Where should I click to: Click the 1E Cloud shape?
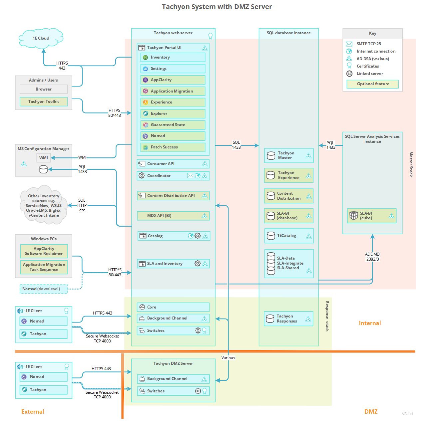(41, 38)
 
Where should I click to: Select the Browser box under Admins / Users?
(44, 89)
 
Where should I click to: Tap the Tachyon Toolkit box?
(44, 102)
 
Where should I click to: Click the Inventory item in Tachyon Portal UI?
(173, 57)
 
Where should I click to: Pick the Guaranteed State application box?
(173, 125)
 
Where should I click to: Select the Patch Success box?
(173, 147)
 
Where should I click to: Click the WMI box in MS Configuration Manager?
(44, 158)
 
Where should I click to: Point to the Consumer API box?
(173, 164)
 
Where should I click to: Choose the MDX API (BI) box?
(173, 216)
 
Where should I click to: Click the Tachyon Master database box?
(289, 155)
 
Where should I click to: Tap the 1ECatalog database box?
(289, 236)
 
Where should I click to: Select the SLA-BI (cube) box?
(372, 216)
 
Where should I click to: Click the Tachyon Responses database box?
(288, 319)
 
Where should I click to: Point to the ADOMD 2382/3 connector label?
(372, 257)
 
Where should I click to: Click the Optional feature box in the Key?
(373, 84)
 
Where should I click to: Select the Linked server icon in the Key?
(349, 74)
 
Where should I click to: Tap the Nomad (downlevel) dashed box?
(44, 289)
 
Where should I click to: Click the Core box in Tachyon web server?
(173, 307)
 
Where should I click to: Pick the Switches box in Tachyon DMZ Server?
(173, 391)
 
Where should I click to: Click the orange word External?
(33, 412)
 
